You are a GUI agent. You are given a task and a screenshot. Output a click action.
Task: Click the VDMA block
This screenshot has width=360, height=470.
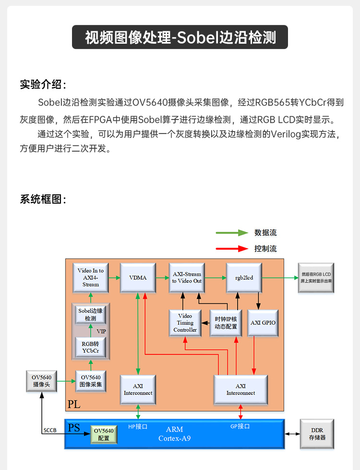tap(138, 277)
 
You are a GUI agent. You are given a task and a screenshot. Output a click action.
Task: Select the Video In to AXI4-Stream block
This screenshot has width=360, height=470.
tap(91, 277)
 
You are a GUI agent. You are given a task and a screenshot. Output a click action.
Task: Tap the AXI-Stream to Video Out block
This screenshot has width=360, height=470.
tap(187, 277)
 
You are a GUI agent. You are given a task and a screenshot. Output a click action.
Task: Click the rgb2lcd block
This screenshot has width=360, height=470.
tap(244, 277)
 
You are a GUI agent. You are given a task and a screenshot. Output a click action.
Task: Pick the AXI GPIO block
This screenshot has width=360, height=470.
tap(263, 323)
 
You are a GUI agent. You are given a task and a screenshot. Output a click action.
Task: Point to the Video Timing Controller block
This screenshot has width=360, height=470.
tap(185, 323)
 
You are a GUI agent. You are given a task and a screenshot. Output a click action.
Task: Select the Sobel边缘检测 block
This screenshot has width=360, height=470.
tap(91, 314)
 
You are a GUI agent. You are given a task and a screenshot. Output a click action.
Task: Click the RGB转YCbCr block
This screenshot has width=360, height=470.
tap(91, 347)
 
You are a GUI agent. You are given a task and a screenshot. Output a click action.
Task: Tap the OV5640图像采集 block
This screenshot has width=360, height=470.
tap(91, 381)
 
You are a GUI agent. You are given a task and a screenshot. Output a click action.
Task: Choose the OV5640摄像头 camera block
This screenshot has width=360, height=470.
tap(42, 381)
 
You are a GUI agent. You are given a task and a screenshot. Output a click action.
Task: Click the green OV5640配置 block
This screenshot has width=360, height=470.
tap(104, 434)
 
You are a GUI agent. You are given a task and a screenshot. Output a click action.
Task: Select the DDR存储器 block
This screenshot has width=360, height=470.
tap(317, 434)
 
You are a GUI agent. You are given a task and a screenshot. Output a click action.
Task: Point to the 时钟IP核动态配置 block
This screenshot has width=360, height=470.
tap(226, 323)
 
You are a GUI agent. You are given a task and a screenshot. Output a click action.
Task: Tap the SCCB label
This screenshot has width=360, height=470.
tap(50, 431)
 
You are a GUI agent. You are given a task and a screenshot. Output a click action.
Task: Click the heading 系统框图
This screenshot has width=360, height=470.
tap(43, 199)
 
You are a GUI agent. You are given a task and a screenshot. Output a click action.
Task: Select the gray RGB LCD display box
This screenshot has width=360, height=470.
tap(316, 277)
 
